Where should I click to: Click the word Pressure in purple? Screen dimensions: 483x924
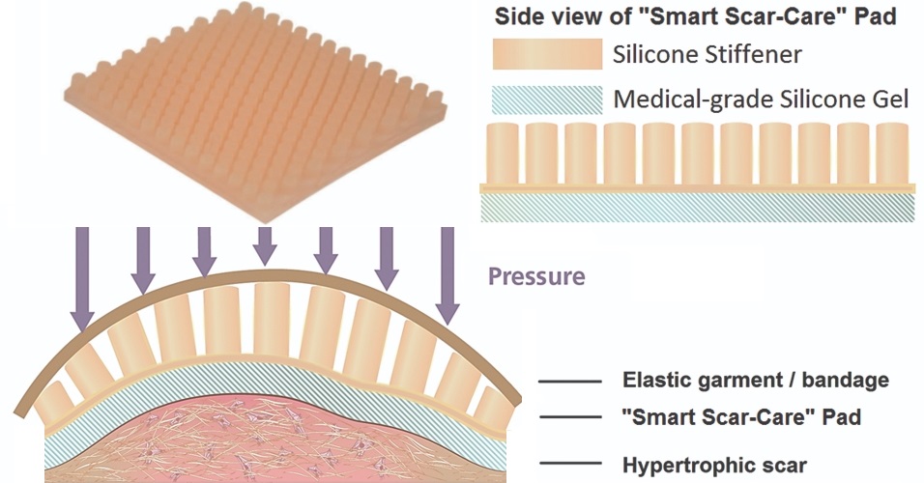[x=536, y=276]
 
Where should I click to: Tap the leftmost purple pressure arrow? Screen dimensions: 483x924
[x=83, y=280]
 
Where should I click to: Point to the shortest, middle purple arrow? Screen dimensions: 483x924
[x=264, y=246]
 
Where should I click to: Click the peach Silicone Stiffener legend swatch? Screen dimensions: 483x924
[x=547, y=55]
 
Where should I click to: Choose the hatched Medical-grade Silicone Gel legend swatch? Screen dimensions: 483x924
[x=547, y=99]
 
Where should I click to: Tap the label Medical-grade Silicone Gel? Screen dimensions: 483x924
[x=761, y=99]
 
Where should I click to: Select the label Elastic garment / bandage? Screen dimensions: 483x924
[x=755, y=380]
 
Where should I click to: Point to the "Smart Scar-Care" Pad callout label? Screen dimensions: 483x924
[x=741, y=418]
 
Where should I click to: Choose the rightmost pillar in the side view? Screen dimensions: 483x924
[x=892, y=153]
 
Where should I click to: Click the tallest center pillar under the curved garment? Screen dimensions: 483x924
[x=271, y=319]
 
